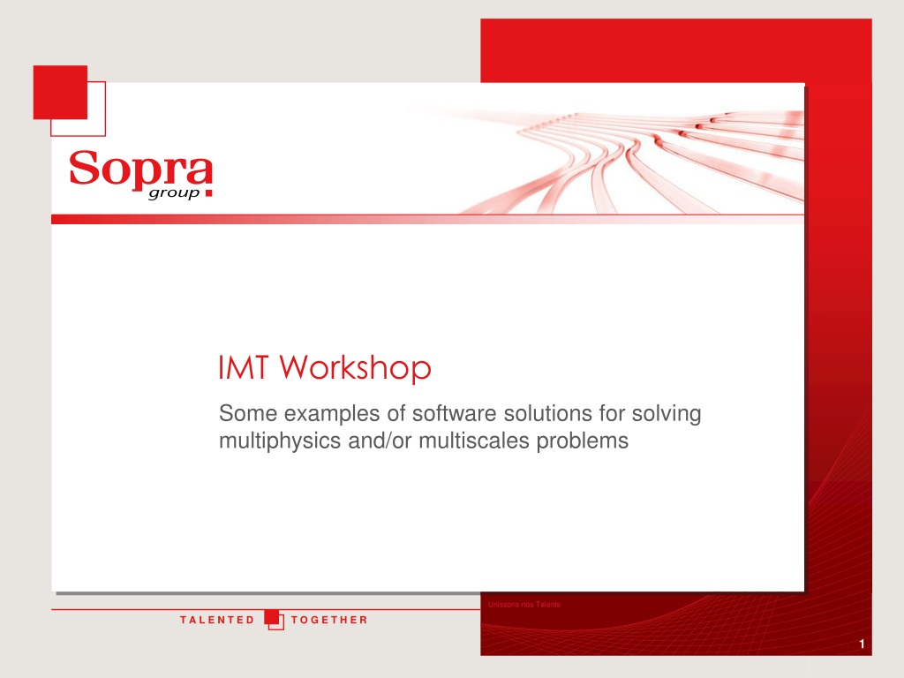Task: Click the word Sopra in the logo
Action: pos(140,168)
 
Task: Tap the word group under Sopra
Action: pos(174,193)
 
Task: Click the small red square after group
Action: pos(208,193)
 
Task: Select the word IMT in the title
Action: pos(244,367)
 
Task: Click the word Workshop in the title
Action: pos(356,368)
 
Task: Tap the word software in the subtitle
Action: pos(455,413)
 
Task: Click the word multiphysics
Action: pos(280,441)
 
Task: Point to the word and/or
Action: pos(380,441)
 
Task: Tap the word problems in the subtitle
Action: pos(583,441)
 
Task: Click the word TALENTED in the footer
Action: pos(217,620)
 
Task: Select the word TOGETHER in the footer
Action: pos(329,620)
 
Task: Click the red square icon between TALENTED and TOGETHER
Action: pos(274,619)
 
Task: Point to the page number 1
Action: pos(862,644)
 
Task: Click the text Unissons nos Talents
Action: pos(524,604)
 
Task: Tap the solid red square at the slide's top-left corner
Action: pos(60,92)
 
